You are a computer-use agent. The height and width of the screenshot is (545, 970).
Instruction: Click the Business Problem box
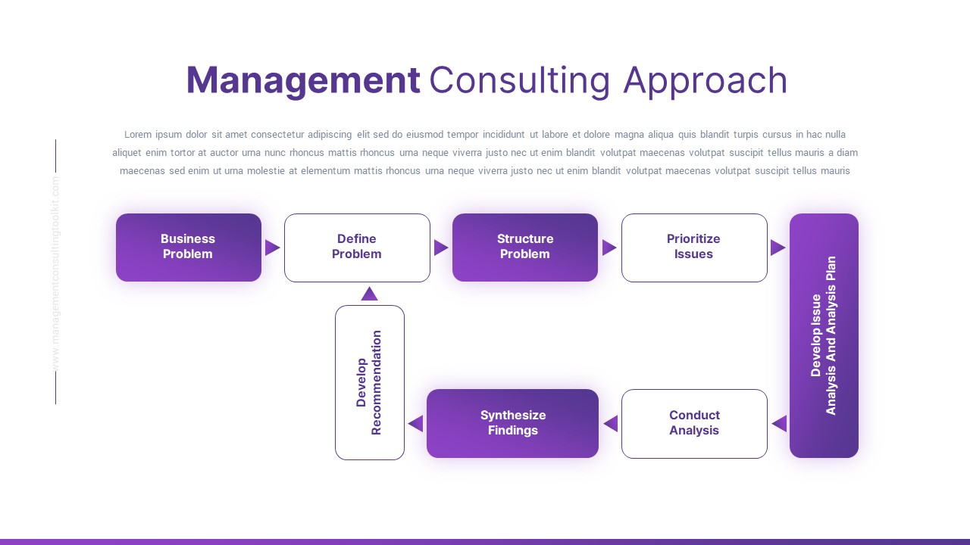(x=188, y=247)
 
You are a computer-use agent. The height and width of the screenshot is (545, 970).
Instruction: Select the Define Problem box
(x=357, y=247)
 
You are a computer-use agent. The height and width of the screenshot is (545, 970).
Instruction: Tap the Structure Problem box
(x=524, y=247)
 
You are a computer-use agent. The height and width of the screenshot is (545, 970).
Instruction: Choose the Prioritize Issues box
(x=693, y=247)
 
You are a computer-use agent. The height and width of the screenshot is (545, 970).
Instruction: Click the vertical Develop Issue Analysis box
(x=824, y=335)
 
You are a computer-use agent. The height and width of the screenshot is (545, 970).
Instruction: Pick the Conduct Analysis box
(x=693, y=423)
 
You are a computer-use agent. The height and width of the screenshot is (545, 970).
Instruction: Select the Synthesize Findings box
(x=512, y=423)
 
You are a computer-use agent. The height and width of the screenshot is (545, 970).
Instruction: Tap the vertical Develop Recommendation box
(x=369, y=382)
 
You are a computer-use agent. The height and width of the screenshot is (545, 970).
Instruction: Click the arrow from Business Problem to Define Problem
(x=272, y=248)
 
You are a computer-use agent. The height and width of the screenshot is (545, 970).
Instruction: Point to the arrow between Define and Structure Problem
(x=441, y=248)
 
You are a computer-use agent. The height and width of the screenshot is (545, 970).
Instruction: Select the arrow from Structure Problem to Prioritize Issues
(x=609, y=248)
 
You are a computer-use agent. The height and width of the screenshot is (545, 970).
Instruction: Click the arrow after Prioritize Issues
(x=778, y=248)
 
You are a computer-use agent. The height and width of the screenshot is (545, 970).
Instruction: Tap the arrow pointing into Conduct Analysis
(x=779, y=424)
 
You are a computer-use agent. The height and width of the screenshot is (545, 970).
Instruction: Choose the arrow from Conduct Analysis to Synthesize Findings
(x=611, y=424)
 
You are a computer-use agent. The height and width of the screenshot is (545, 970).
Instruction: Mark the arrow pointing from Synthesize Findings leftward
(x=415, y=424)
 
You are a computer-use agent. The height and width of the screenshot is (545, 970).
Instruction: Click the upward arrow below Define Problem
(x=369, y=294)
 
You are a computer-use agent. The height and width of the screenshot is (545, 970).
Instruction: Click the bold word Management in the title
(x=302, y=81)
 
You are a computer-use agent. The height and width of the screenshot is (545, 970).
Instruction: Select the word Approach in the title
(x=705, y=81)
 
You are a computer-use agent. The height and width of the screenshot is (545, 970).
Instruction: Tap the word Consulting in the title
(x=519, y=81)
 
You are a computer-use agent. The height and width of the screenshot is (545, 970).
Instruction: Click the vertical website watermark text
(x=55, y=272)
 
